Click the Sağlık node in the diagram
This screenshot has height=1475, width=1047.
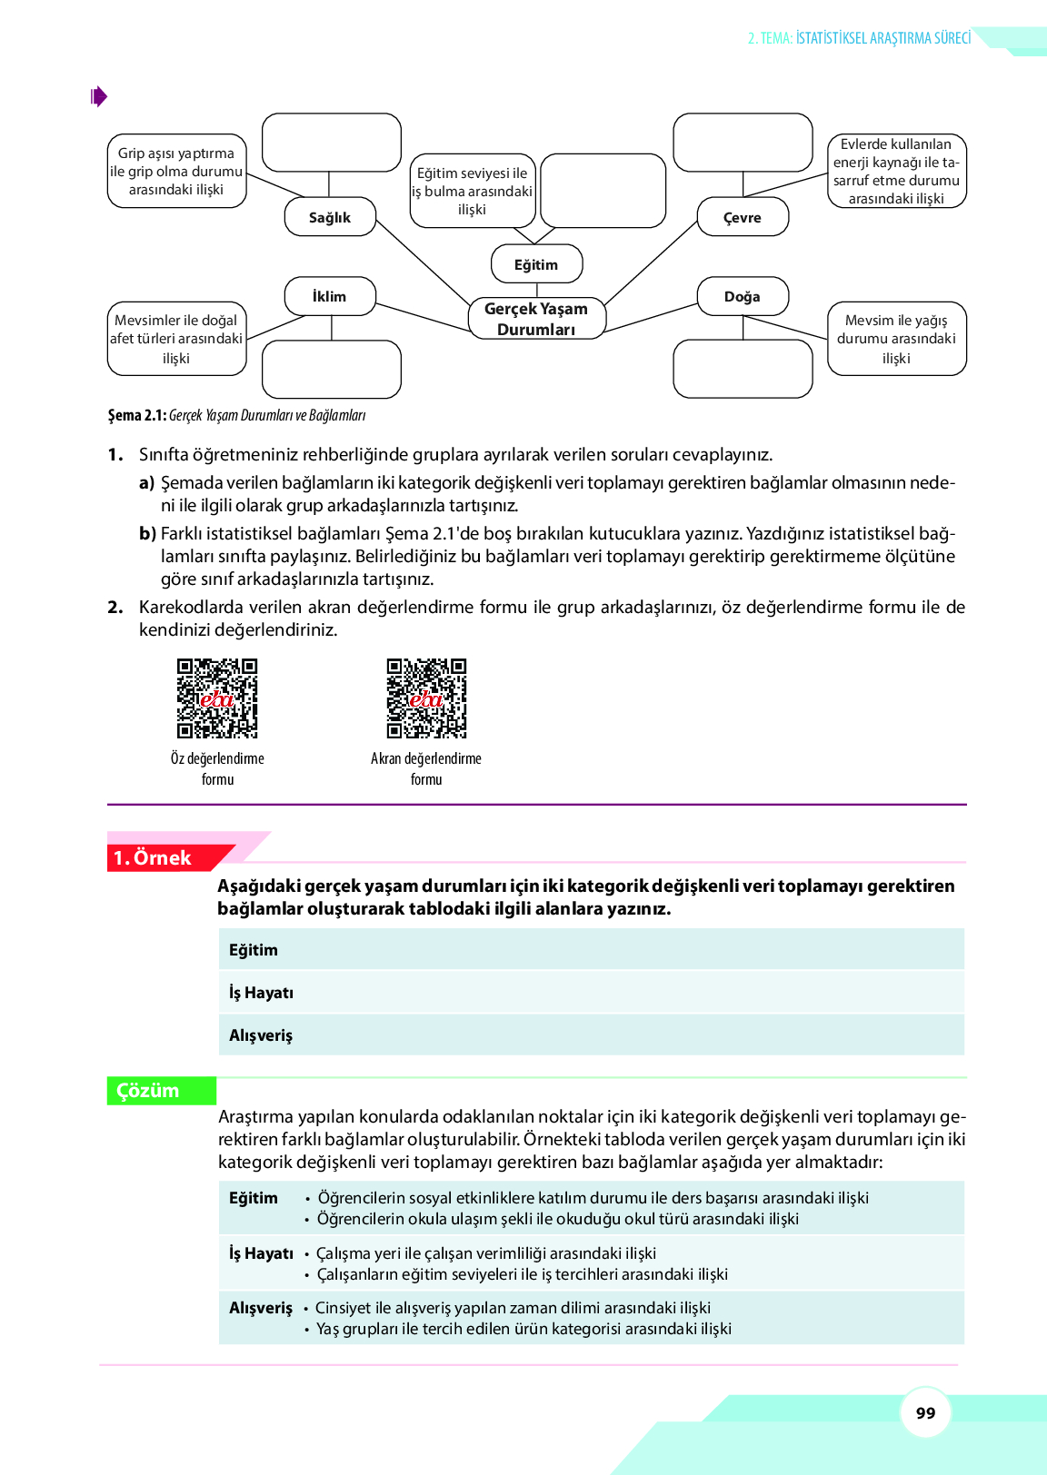pyautogui.click(x=330, y=217)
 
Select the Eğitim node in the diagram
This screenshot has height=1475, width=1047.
pyautogui.click(x=536, y=264)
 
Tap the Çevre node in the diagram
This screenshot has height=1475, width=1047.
pyautogui.click(x=743, y=217)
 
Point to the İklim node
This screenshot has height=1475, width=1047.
pyautogui.click(x=330, y=296)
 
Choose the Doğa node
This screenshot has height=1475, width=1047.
pyautogui.click(x=743, y=296)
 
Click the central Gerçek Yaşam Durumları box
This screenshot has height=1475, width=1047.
pyautogui.click(x=536, y=319)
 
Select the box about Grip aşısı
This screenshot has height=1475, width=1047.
pyautogui.click(x=176, y=171)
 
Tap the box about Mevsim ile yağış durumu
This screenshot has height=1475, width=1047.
pyautogui.click(x=896, y=339)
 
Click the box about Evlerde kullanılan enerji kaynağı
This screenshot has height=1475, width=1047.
pyautogui.click(x=896, y=171)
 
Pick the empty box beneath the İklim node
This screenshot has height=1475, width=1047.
pyautogui.click(x=332, y=370)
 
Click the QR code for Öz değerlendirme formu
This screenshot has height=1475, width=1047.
pyautogui.click(x=217, y=698)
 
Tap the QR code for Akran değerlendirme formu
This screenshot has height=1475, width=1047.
pyautogui.click(x=426, y=698)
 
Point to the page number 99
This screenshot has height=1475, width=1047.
pyautogui.click(x=925, y=1413)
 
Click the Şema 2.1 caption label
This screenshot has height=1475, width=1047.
pyautogui.click(x=137, y=415)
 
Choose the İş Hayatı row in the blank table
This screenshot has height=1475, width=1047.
pyautogui.click(x=591, y=993)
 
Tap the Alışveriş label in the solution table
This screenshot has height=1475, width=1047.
pyautogui.click(x=261, y=1308)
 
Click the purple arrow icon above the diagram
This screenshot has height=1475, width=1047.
pyautogui.click(x=99, y=96)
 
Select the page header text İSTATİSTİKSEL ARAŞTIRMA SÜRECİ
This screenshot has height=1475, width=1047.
pyautogui.click(x=882, y=38)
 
